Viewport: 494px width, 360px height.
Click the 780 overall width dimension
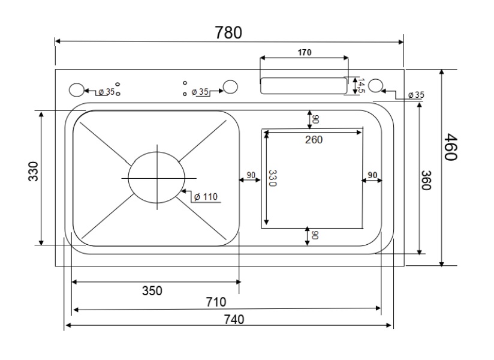228,33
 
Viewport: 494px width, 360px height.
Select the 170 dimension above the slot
304,53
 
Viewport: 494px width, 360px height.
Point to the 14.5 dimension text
361,85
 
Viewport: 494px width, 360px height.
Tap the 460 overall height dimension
451,148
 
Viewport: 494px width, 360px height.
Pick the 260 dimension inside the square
313,140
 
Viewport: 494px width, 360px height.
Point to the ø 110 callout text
205,196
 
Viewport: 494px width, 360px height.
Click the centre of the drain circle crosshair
158,178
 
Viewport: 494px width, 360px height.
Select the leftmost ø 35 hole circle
76,90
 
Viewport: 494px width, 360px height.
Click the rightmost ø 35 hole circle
376,86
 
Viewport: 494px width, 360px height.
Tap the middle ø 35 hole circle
230,88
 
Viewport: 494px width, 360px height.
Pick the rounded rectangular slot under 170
303,86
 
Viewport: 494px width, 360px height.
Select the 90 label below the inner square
315,235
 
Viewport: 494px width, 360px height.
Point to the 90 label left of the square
251,175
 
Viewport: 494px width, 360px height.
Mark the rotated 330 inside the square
273,179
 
